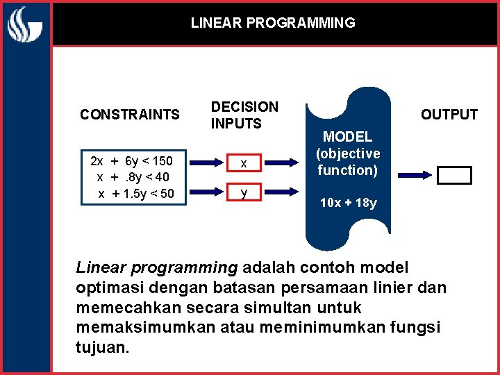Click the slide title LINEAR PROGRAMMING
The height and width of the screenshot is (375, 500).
[x=273, y=23]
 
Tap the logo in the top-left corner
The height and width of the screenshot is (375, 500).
[x=26, y=26]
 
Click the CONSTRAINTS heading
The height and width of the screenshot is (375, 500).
[x=129, y=115]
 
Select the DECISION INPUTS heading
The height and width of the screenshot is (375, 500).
[x=244, y=115]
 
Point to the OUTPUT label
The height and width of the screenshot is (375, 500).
[x=449, y=115]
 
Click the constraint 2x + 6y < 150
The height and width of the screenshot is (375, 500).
[x=132, y=162]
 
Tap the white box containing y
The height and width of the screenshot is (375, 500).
[x=243, y=192]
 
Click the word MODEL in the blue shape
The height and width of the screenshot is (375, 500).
[x=347, y=137]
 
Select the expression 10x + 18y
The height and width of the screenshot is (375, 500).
[x=348, y=203]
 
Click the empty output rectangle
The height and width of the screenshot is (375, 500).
[x=454, y=176]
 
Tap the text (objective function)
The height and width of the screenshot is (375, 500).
[x=348, y=161]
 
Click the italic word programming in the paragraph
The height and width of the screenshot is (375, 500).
[x=196, y=267]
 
